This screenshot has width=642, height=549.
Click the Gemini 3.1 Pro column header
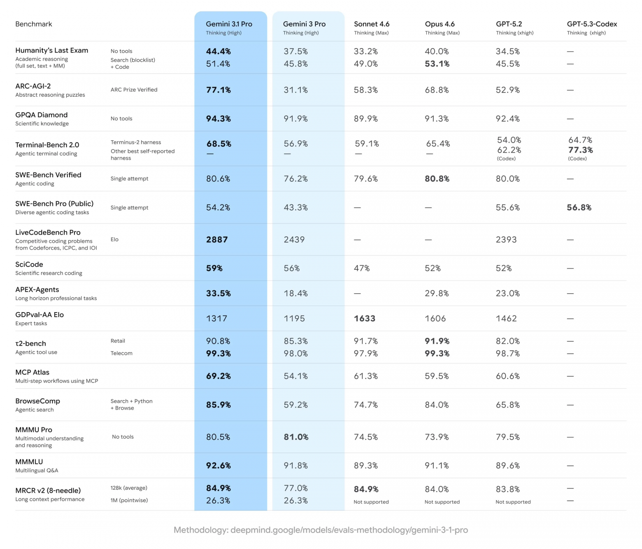coord(229,24)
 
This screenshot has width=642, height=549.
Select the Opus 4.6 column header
coord(440,24)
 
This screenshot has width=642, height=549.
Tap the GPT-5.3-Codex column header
coord(592,24)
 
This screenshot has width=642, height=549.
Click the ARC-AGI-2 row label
coord(33,86)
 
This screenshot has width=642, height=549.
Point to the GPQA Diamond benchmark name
coord(41,115)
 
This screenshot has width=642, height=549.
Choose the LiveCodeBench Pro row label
coord(48,232)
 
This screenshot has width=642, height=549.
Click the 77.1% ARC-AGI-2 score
coord(218,90)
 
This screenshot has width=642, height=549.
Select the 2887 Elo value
coord(217,240)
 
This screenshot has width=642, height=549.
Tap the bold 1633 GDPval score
coord(365,319)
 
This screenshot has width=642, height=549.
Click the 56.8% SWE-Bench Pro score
coord(579,208)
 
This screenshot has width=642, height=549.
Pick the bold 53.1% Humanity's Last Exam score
coord(437,64)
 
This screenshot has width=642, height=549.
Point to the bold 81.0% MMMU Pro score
coord(296,437)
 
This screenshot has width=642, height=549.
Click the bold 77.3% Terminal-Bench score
coord(580,150)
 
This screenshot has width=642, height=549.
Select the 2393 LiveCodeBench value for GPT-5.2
coord(506,240)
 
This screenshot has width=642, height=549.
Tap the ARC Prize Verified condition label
coord(134,90)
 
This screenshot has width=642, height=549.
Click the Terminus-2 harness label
coord(136,142)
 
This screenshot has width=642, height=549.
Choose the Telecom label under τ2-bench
coord(121,353)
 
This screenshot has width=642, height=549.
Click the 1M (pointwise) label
coord(129,500)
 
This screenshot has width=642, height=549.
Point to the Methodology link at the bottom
coord(321,530)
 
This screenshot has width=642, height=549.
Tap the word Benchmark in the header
coord(34,24)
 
